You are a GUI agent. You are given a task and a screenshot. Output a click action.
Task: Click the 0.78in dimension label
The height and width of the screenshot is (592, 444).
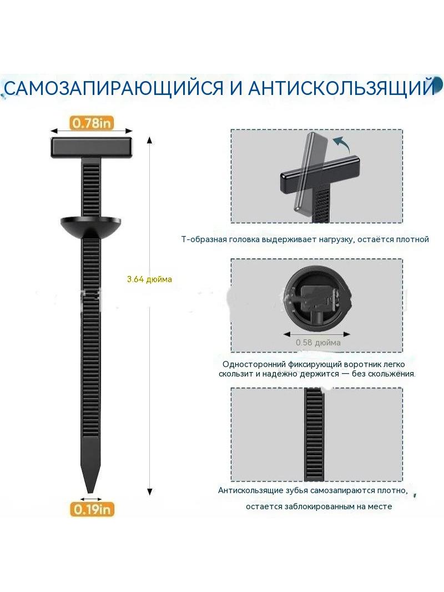pos(92,123)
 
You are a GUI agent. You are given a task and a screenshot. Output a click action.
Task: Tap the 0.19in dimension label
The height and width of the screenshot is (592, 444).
pos(92,509)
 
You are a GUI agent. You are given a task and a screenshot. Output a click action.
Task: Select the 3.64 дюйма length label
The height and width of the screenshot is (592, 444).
pos(149,279)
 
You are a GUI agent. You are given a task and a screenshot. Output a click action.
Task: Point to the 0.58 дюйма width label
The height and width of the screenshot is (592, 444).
pos(318,343)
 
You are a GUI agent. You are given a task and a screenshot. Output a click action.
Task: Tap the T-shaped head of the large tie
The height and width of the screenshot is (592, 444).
pos(92,147)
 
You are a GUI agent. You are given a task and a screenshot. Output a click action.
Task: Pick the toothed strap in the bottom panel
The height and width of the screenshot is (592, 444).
pos(314,434)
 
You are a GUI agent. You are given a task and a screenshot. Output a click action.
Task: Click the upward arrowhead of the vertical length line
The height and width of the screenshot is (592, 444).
pos(150,141)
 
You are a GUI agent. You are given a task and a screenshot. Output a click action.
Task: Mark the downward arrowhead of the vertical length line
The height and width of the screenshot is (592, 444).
pos(150,491)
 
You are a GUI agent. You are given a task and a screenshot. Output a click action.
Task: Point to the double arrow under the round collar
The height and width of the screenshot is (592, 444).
pos(317,334)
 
